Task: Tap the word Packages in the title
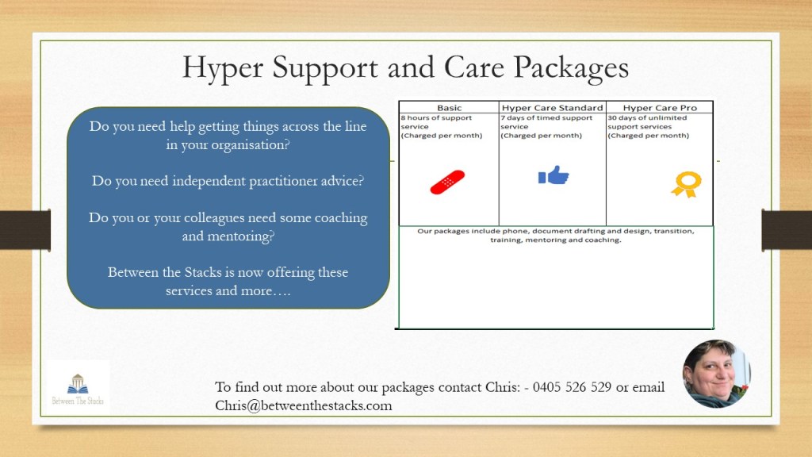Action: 571,69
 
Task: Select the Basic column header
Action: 449,108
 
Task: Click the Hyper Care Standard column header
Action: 552,108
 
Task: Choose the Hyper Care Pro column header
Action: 660,108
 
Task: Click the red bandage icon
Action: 447,182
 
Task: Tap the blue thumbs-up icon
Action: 553,175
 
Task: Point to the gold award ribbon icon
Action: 687,184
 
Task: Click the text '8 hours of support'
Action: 436,118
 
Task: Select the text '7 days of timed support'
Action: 546,118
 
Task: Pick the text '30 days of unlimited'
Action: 647,118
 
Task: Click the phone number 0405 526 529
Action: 572,387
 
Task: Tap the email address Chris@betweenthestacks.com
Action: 304,405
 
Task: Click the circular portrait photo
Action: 716,374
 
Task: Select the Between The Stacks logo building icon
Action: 78,384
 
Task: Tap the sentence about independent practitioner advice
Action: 228,181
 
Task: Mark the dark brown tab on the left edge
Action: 25,230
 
